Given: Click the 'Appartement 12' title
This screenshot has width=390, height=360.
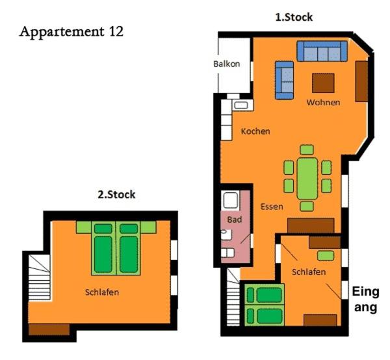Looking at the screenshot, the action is point(71,32).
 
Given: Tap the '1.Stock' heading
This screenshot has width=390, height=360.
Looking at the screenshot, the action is point(294,17).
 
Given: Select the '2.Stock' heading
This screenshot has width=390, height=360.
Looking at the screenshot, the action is point(116,194).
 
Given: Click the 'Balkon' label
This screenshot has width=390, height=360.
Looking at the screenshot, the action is point(227,64).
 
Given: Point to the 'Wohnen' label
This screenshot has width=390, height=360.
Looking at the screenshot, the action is point(323,103).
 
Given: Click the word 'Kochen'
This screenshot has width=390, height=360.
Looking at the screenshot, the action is point(255,131).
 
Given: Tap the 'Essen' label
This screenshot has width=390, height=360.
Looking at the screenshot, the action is point(272,207).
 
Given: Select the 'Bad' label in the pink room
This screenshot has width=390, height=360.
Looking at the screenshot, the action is point(234,220).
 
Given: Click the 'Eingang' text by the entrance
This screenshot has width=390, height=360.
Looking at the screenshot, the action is point(365,300).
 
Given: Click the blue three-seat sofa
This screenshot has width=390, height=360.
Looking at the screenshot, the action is point(322,51).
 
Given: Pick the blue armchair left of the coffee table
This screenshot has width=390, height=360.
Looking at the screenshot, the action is point(284,81).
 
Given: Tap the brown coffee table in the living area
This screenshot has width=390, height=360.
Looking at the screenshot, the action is point(323,83).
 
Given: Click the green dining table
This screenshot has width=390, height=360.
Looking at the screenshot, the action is point(307,179).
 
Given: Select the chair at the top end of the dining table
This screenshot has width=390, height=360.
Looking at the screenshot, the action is point(307,150).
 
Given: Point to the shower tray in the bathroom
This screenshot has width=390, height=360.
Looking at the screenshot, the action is point(231,200).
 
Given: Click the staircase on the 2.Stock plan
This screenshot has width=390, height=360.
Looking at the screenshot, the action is point(39,277).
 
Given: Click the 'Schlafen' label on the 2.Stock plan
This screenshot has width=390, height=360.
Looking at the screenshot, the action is point(102,292).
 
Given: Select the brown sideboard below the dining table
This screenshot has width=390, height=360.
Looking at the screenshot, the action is point(311,226).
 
